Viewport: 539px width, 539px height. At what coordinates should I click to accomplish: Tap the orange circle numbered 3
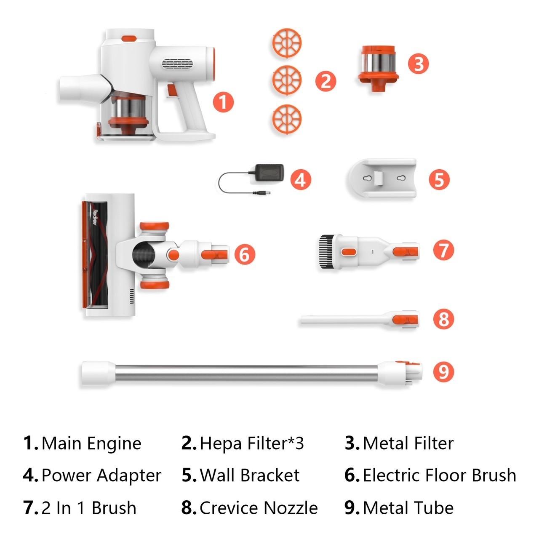418,64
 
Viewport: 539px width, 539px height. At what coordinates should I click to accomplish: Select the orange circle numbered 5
439,179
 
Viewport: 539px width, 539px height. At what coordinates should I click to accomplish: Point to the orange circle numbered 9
443,371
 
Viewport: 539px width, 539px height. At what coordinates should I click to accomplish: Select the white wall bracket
382,179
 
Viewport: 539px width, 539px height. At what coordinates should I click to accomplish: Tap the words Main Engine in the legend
91,443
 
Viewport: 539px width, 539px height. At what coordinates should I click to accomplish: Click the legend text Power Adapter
101,475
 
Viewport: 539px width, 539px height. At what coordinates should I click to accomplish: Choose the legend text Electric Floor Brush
439,475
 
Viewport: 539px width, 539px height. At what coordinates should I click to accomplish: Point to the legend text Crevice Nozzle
259,508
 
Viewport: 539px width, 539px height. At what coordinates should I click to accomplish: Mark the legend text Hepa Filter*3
252,443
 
